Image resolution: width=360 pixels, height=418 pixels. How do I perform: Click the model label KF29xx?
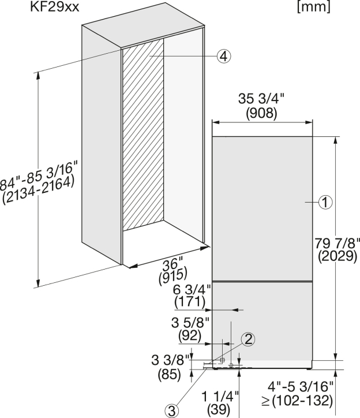(55, 7)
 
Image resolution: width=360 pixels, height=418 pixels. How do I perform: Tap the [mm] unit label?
(314, 7)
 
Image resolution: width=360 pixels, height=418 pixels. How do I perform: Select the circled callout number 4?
(224, 56)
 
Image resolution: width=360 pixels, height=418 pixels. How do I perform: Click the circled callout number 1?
(325, 202)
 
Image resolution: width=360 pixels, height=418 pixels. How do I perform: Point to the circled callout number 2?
(248, 339)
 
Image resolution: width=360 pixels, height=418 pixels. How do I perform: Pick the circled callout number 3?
(172, 411)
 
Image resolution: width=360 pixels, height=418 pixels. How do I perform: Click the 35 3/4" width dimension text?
(261, 99)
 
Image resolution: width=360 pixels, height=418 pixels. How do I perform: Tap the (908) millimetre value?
(261, 113)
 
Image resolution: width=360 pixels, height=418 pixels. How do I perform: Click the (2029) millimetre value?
(337, 256)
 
